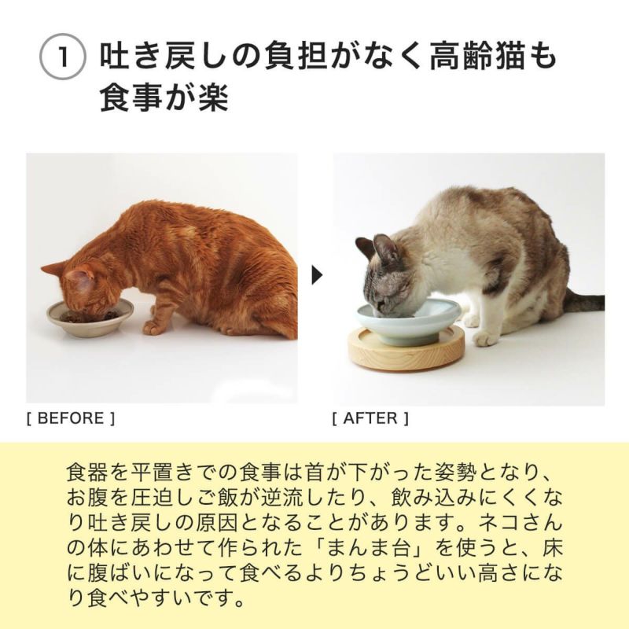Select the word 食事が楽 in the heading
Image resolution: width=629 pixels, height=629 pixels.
pyautogui.click(x=164, y=99)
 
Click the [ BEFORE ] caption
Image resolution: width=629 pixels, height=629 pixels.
pyautogui.click(x=71, y=418)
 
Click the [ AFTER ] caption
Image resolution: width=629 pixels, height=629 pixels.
pyautogui.click(x=370, y=418)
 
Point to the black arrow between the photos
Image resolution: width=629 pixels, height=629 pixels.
pyautogui.click(x=316, y=275)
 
